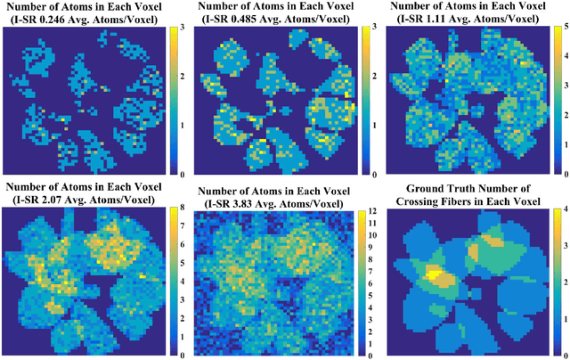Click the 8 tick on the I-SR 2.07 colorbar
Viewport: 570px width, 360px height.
[x=182, y=212]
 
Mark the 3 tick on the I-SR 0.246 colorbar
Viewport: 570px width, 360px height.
[x=182, y=30]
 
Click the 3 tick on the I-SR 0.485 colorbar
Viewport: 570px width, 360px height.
[x=373, y=30]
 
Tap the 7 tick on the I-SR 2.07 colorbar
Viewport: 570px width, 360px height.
[x=182, y=230]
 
